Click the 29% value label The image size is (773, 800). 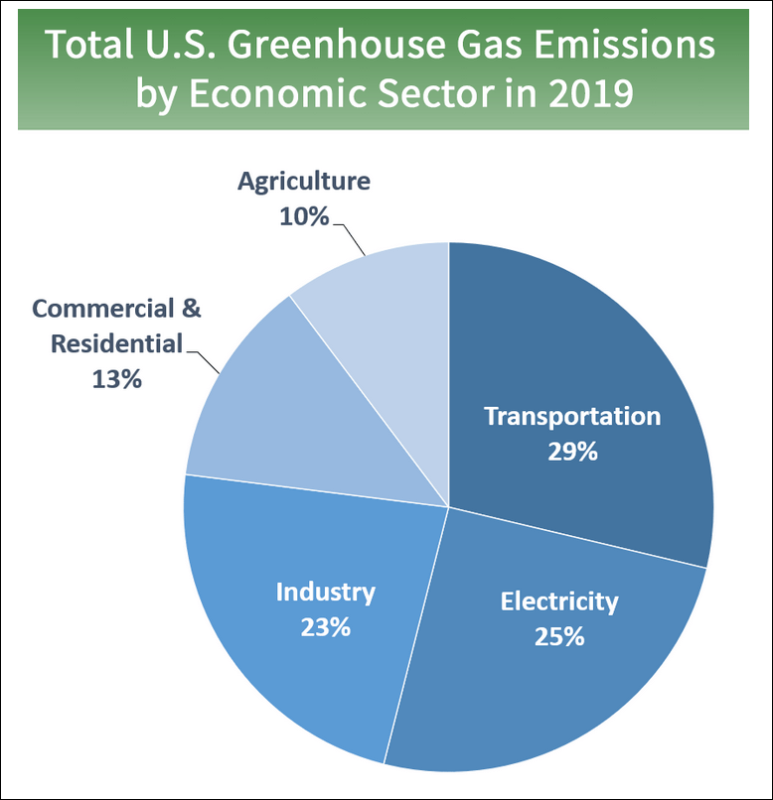[x=571, y=451]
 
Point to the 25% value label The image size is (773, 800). [x=558, y=636]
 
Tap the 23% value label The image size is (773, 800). [x=325, y=627]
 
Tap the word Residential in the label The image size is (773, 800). [x=116, y=343]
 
